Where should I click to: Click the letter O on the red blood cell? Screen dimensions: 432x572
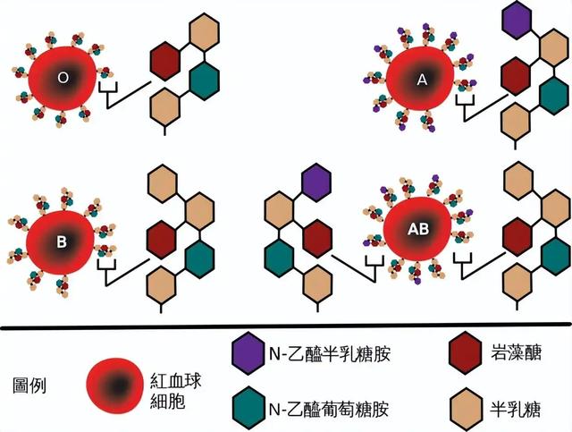(x=63, y=78)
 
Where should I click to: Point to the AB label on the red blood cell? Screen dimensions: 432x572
(x=418, y=229)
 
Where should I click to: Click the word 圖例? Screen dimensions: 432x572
(x=29, y=385)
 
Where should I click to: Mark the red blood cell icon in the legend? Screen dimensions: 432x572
(x=114, y=385)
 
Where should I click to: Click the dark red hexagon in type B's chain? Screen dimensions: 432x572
(x=161, y=240)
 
